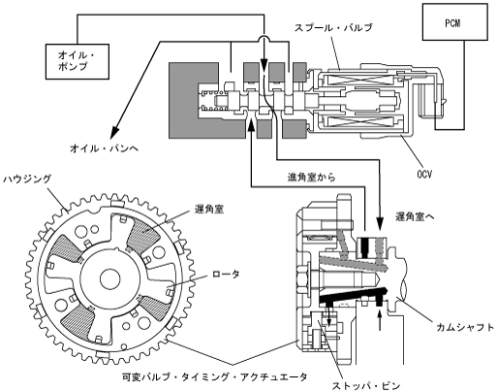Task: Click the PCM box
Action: click(x=455, y=22)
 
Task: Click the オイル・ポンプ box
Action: click(x=78, y=61)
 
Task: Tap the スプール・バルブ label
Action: click(x=333, y=27)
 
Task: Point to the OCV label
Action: click(x=424, y=175)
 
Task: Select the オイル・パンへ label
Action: click(x=104, y=148)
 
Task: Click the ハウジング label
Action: click(x=27, y=179)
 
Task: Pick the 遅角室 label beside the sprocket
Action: click(x=209, y=210)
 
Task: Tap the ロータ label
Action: click(x=226, y=274)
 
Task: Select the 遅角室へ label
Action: click(x=415, y=217)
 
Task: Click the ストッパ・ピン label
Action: click(x=366, y=386)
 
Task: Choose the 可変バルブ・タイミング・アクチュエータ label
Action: click(x=215, y=376)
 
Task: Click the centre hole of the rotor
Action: click(x=110, y=279)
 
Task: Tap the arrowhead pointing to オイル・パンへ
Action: click(x=115, y=132)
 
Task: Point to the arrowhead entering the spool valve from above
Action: click(x=264, y=64)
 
